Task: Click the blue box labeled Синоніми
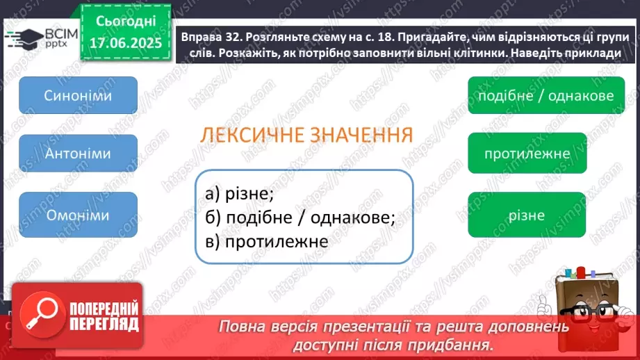point(78,95)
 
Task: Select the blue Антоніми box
point(78,154)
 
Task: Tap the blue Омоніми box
point(78,215)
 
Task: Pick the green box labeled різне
point(526,215)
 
